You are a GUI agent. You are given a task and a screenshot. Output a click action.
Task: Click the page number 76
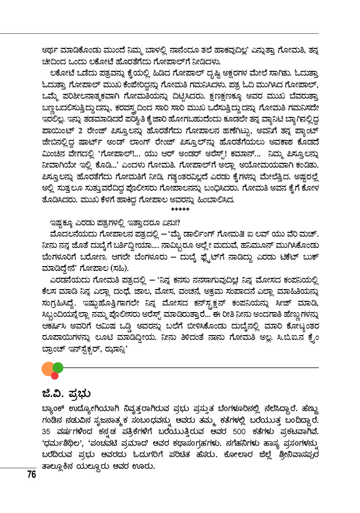[x=31, y=474]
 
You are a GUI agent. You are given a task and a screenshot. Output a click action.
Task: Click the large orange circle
[x=48, y=369]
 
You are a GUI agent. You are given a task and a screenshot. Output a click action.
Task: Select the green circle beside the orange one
[x=58, y=367]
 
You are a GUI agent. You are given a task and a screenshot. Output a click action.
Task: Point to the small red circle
[x=54, y=375]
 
